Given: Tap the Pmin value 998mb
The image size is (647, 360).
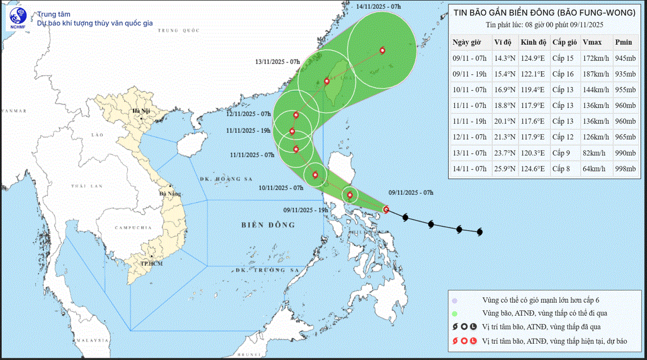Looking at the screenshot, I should pyautogui.click(x=625, y=169).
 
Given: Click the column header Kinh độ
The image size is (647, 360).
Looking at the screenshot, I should pyautogui.click(x=533, y=42).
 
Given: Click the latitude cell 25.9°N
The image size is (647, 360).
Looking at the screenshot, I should pyautogui.click(x=505, y=169).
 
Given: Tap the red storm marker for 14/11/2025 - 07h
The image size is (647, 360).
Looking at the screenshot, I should pyautogui.click(x=382, y=50).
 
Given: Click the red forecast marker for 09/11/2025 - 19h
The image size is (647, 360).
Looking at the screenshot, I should pyautogui.click(x=350, y=195).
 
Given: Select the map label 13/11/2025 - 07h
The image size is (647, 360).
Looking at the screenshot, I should pyautogui.click(x=277, y=62).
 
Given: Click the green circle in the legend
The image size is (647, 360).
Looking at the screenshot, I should pyautogui.click(x=455, y=314).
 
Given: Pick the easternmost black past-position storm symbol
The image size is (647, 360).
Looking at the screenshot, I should pyautogui.click(x=479, y=232).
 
